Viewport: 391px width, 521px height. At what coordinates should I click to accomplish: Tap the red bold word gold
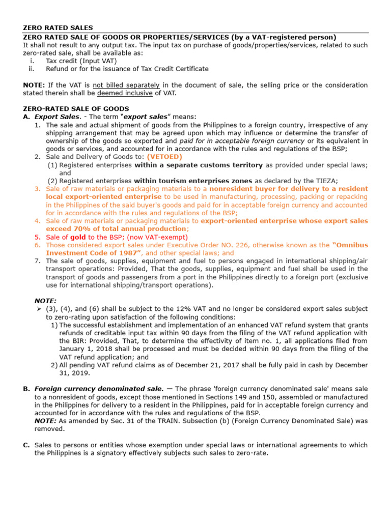tap(78, 237)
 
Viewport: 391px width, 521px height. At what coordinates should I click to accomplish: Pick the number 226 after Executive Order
tap(216, 245)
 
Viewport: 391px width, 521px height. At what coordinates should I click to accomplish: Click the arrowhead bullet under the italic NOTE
tap(38, 309)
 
